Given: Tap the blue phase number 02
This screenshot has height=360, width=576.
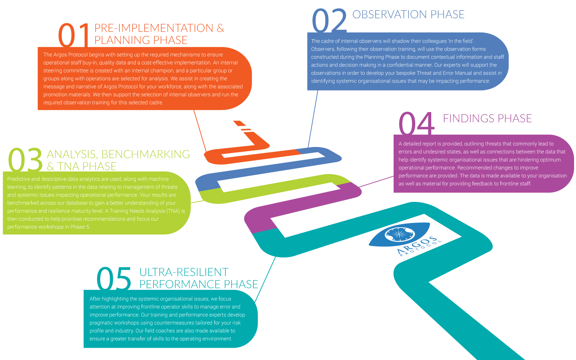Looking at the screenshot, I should point(329,21).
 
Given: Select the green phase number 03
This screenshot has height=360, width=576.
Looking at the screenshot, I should point(25,160).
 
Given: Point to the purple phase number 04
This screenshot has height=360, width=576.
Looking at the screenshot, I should point(416,123).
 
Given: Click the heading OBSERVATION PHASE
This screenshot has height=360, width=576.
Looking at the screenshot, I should point(408,15).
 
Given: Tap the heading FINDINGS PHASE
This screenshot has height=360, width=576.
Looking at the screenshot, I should point(487,119).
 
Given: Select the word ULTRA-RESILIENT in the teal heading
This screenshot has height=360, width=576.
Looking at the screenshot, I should point(184,272).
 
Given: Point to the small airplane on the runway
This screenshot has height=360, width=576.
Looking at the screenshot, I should point(245,128).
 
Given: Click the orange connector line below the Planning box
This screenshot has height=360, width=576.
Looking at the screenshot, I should point(200,130).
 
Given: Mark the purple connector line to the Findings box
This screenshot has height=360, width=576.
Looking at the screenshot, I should point(376,182).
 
